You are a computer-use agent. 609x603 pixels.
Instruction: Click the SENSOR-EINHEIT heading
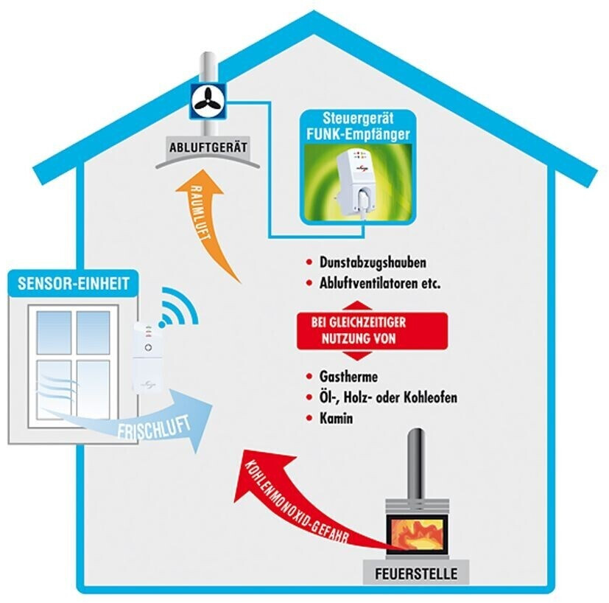[x=73, y=282]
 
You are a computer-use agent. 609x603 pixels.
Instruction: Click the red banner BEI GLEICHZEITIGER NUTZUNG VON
[x=363, y=332]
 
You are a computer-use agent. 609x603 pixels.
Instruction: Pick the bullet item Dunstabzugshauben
[x=373, y=262]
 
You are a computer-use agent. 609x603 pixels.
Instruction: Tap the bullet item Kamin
[x=336, y=418]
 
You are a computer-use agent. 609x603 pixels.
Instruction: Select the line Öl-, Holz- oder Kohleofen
[x=388, y=397]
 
